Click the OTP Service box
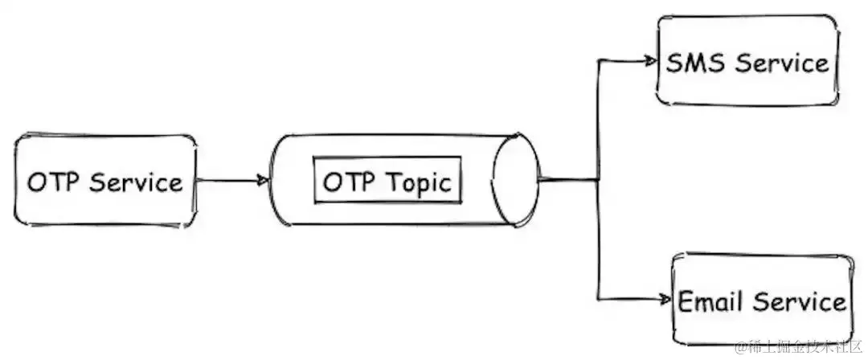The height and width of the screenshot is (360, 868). (x=104, y=181)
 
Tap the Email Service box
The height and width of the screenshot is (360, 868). (x=761, y=301)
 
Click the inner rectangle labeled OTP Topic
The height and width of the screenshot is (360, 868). (x=387, y=182)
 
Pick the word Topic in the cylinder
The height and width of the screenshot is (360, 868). (x=421, y=182)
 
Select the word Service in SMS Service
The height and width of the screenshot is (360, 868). (x=783, y=63)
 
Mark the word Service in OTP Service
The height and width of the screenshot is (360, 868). (x=137, y=182)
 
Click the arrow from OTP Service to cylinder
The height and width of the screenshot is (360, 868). (x=229, y=181)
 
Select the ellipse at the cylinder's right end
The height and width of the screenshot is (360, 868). (x=514, y=180)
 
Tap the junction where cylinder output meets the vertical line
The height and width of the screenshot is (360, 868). (x=598, y=180)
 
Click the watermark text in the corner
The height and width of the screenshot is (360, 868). (x=796, y=346)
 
